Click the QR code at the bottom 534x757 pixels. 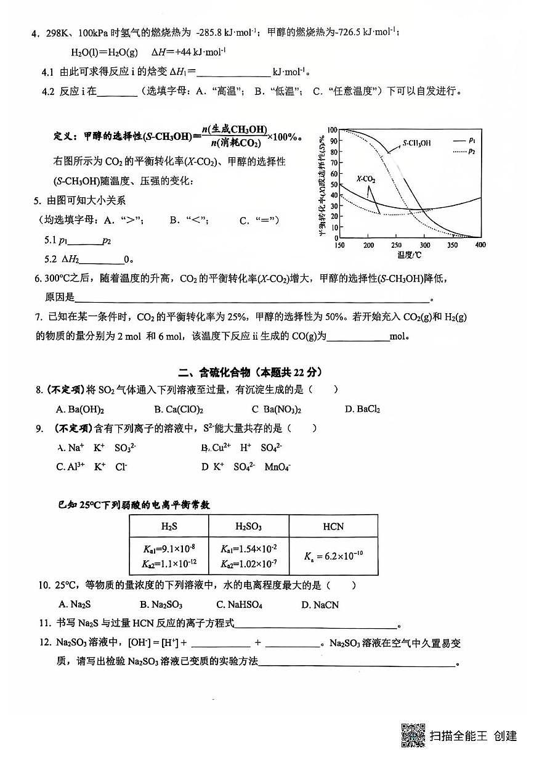414,735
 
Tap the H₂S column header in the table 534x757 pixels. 169,526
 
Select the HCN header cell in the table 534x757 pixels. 333,526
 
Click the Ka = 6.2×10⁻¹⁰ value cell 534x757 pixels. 333,555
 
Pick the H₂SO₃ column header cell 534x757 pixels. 248,526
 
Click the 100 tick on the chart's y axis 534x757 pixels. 333,130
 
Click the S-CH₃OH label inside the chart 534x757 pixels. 417,143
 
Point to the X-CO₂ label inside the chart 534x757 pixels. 366,179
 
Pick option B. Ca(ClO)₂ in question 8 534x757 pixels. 179,409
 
